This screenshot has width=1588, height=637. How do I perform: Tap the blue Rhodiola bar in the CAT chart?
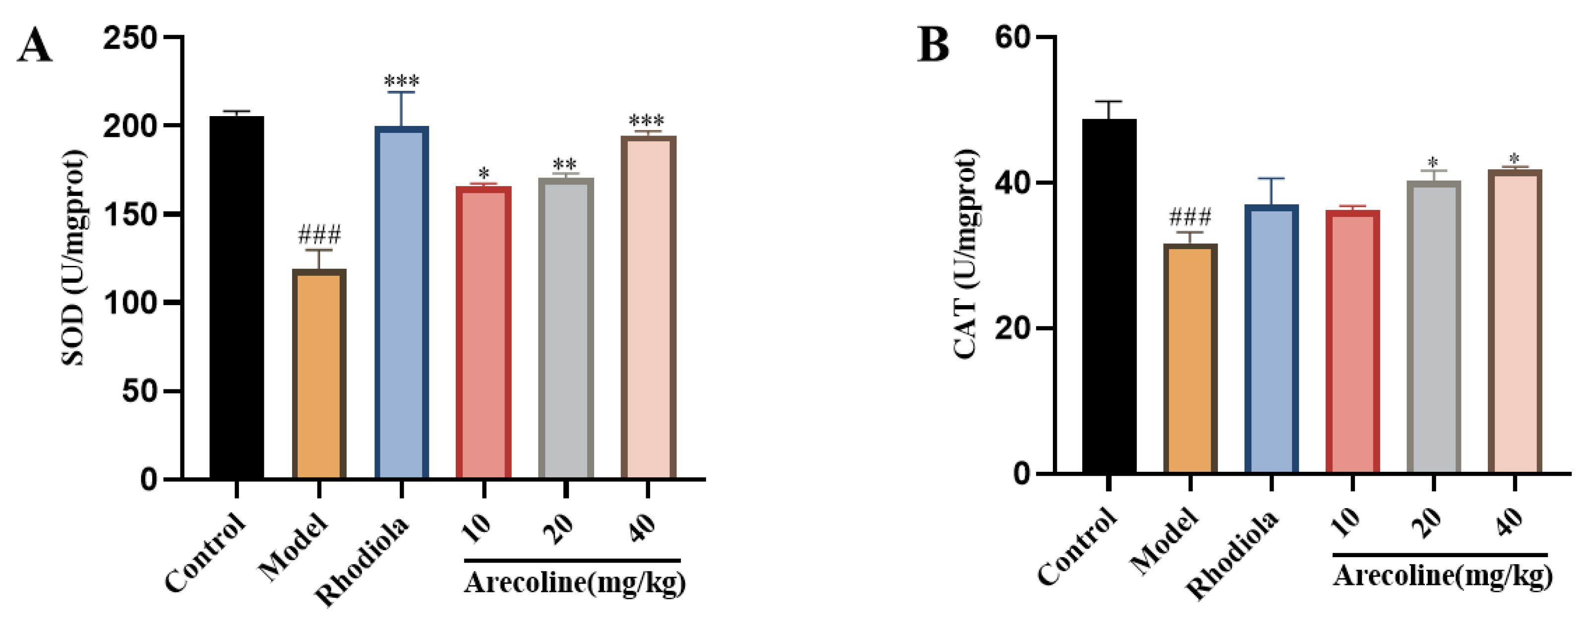pyautogui.click(x=1271, y=339)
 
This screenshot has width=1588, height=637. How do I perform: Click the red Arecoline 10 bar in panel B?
pyautogui.click(x=1352, y=342)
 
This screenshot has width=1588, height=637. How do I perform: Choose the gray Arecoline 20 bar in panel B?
pyautogui.click(x=1433, y=327)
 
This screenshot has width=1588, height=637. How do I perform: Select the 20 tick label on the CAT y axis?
pyautogui.click(x=1012, y=328)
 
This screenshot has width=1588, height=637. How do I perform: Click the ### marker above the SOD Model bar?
pyautogui.click(x=319, y=235)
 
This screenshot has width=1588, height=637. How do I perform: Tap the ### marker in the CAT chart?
pyautogui.click(x=1190, y=217)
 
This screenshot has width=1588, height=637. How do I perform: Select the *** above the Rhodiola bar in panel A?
pyautogui.click(x=401, y=81)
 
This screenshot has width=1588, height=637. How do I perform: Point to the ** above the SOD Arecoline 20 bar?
pyautogui.click(x=565, y=165)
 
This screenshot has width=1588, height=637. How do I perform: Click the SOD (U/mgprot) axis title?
pyautogui.click(x=74, y=258)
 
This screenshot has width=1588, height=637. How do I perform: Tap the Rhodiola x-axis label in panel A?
pyautogui.click(x=363, y=561)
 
